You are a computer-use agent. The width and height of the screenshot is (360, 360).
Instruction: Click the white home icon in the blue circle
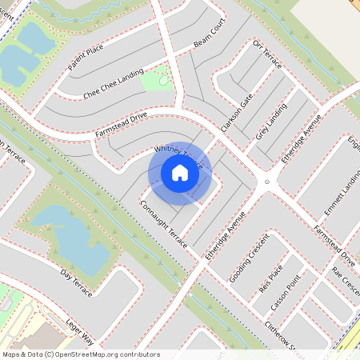point(180,173)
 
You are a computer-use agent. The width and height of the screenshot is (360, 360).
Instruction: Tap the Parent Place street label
point(86,58)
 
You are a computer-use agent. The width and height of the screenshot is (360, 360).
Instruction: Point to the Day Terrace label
point(76,282)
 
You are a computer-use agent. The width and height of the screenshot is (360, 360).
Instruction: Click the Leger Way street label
point(80,326)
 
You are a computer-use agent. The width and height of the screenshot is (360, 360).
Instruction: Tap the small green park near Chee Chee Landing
point(155,80)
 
